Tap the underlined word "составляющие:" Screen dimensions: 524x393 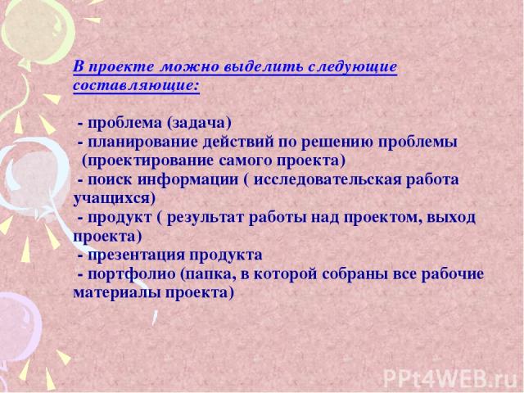tap(137, 85)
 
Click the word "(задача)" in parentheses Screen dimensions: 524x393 tap(199, 124)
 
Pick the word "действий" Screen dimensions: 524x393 tap(238, 142)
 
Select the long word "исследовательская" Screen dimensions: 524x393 tap(327, 180)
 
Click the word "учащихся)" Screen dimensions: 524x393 tap(115, 199)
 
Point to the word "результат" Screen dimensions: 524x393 tap(206, 219)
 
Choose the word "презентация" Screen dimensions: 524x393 tap(136, 255)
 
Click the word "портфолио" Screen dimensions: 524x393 tap(132, 275)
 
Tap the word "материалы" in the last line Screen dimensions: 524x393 tap(117, 293)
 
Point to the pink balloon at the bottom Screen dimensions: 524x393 tap(18, 326)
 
